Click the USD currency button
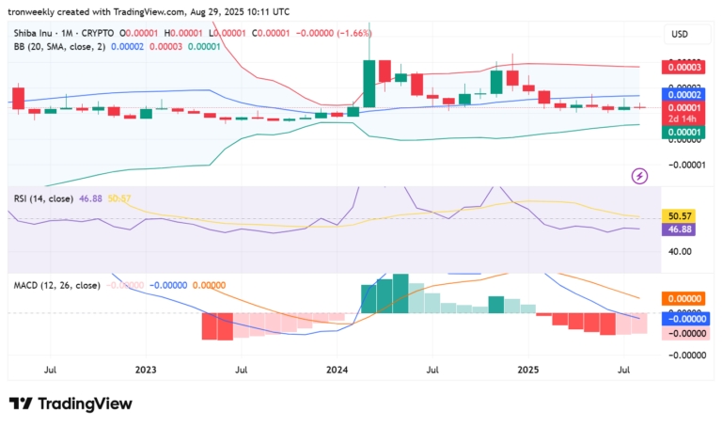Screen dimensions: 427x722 coord(679,34)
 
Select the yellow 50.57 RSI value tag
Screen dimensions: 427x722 coord(679,215)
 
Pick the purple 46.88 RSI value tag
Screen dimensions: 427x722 coord(679,229)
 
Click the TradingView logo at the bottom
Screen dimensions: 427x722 coord(71,403)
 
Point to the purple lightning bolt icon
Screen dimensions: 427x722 coord(639,175)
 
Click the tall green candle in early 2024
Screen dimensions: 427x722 coord(369,83)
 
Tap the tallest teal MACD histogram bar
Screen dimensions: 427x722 coord(400,293)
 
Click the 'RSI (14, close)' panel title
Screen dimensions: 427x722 coord(43,198)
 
